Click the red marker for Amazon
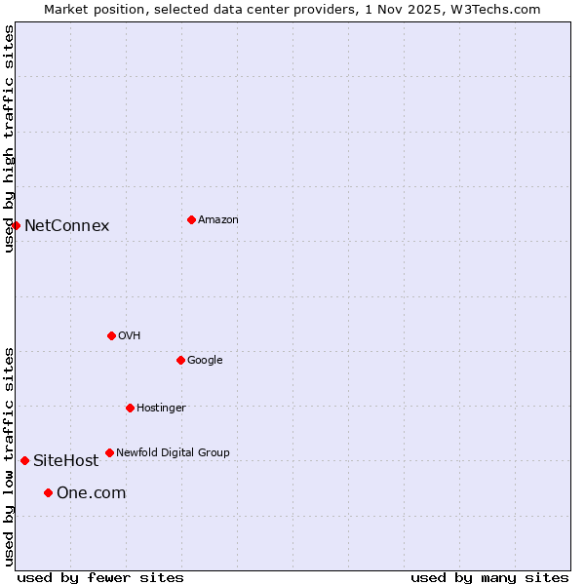pyautogui.click(x=191, y=219)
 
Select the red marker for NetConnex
pyautogui.click(x=16, y=225)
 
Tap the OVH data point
pyautogui.click(x=111, y=335)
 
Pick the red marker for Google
pyautogui.click(x=180, y=360)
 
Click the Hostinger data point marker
pyautogui.click(x=130, y=408)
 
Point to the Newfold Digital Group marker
pyautogui.click(x=109, y=452)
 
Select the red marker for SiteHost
pyautogui.click(x=24, y=460)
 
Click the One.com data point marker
pyautogui.click(x=48, y=492)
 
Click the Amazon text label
pyautogui.click(x=218, y=219)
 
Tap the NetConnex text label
pyautogui.click(x=66, y=225)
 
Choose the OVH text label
pyautogui.click(x=130, y=335)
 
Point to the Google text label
pyautogui.click(x=205, y=360)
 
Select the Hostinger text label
pyautogui.click(x=161, y=408)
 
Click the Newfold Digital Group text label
pyautogui.click(x=173, y=452)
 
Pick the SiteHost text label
pyautogui.click(x=65, y=460)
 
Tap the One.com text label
pyautogui.click(x=91, y=492)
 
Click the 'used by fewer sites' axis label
pyautogui.click(x=100, y=577)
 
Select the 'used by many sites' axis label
pyautogui.click(x=489, y=577)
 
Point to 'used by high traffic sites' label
pyautogui.click(x=9, y=138)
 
